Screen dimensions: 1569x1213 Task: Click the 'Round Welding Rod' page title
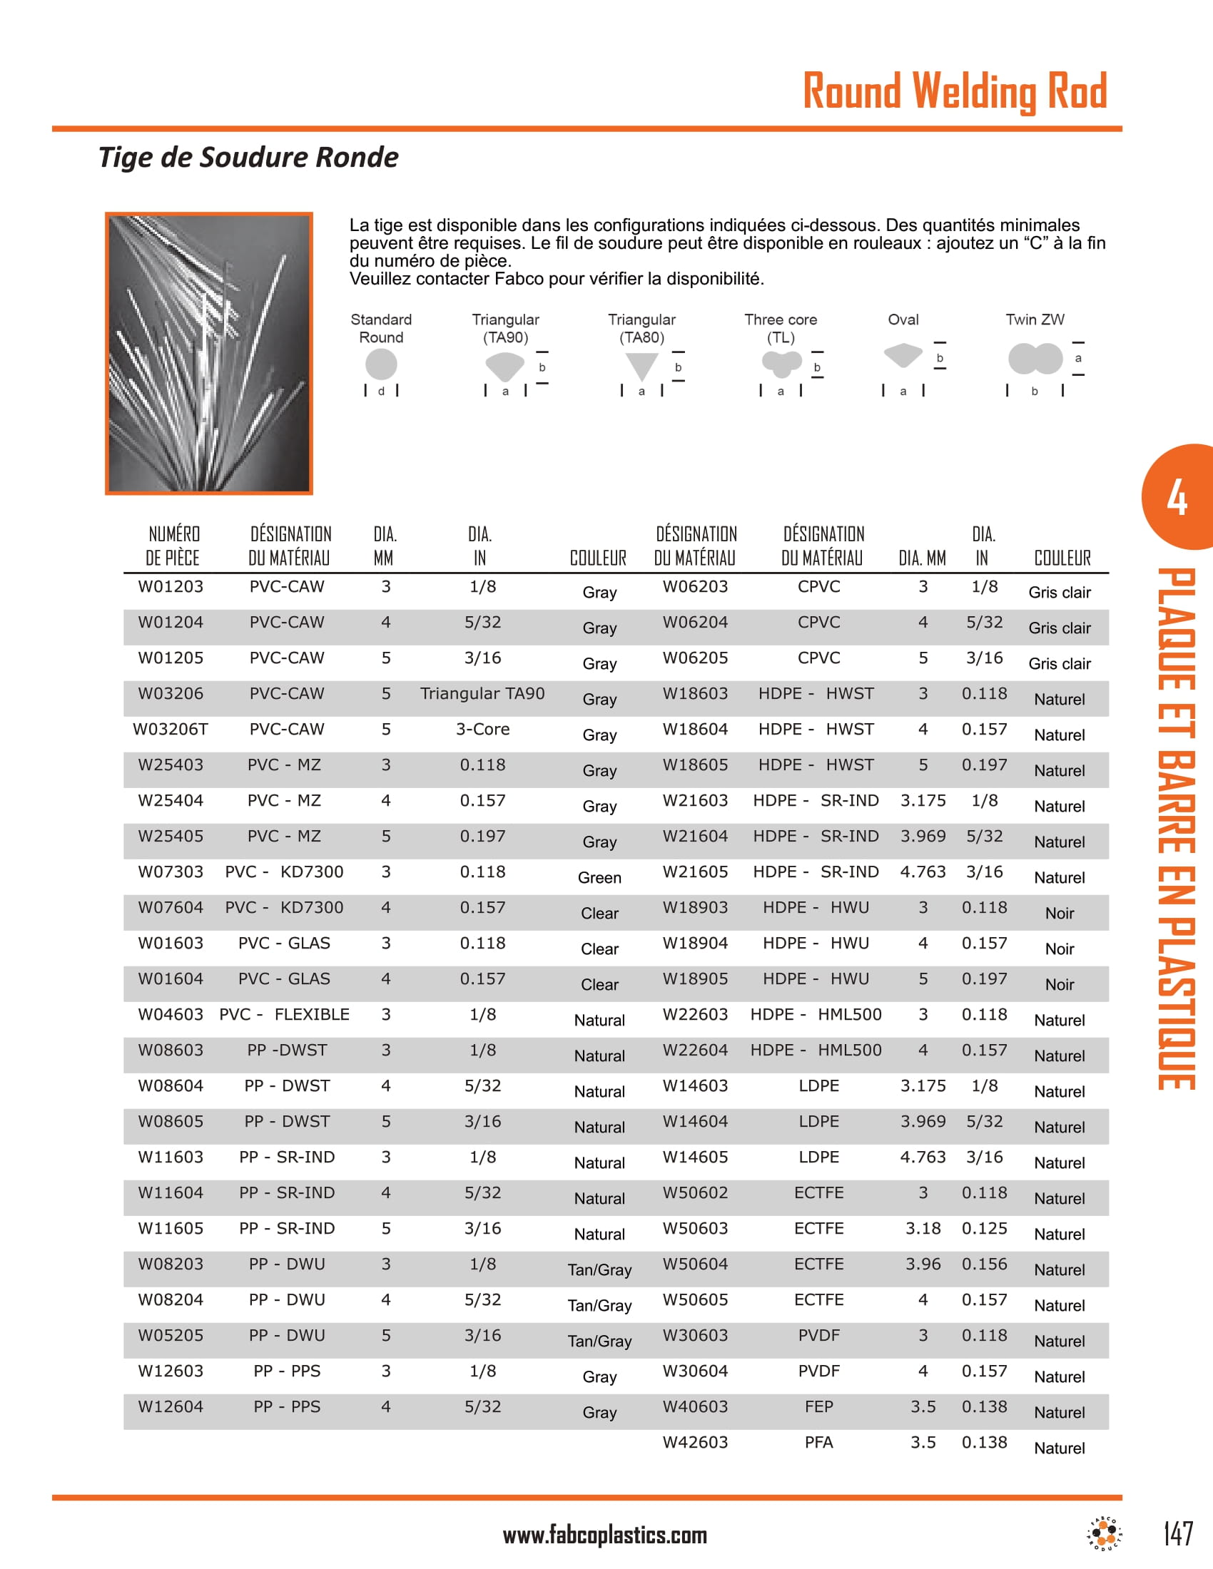(954, 91)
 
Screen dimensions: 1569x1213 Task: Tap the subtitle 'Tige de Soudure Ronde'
(248, 158)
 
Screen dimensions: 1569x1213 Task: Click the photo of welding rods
(209, 353)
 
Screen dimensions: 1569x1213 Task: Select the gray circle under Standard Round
(381, 364)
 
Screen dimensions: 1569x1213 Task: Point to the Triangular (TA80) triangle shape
(641, 366)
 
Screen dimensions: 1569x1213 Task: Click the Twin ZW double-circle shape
(1035, 359)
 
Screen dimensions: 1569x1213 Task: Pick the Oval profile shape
(903, 355)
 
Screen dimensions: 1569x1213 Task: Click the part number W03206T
(171, 729)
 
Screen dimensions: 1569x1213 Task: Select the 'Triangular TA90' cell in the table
(482, 693)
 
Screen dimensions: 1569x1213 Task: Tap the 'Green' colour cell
(599, 877)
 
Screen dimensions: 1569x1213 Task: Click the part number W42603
(695, 1442)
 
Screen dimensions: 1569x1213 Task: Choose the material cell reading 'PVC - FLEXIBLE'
(285, 1014)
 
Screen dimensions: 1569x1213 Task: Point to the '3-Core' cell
(482, 729)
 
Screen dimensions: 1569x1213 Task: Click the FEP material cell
(818, 1406)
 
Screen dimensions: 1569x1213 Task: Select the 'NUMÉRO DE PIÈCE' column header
(173, 546)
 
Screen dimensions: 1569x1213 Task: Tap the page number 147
(1178, 1533)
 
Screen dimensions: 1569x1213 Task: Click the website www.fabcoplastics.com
(605, 1535)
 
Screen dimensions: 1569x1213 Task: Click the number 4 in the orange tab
(1177, 498)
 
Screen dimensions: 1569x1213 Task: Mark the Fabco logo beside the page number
(1105, 1533)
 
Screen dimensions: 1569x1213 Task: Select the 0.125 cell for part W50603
(984, 1229)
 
